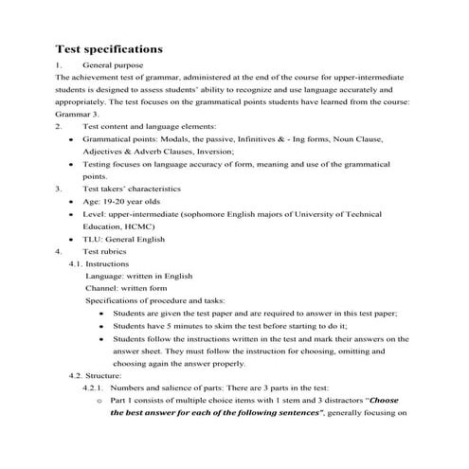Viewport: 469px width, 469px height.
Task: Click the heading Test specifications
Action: point(109,47)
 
